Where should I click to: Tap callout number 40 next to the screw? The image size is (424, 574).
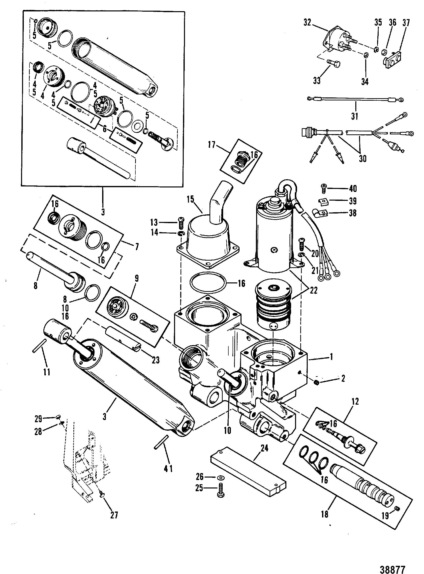[x=353, y=189]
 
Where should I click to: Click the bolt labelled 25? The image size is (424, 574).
[x=220, y=491]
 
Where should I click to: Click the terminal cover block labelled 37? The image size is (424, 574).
[x=393, y=58]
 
